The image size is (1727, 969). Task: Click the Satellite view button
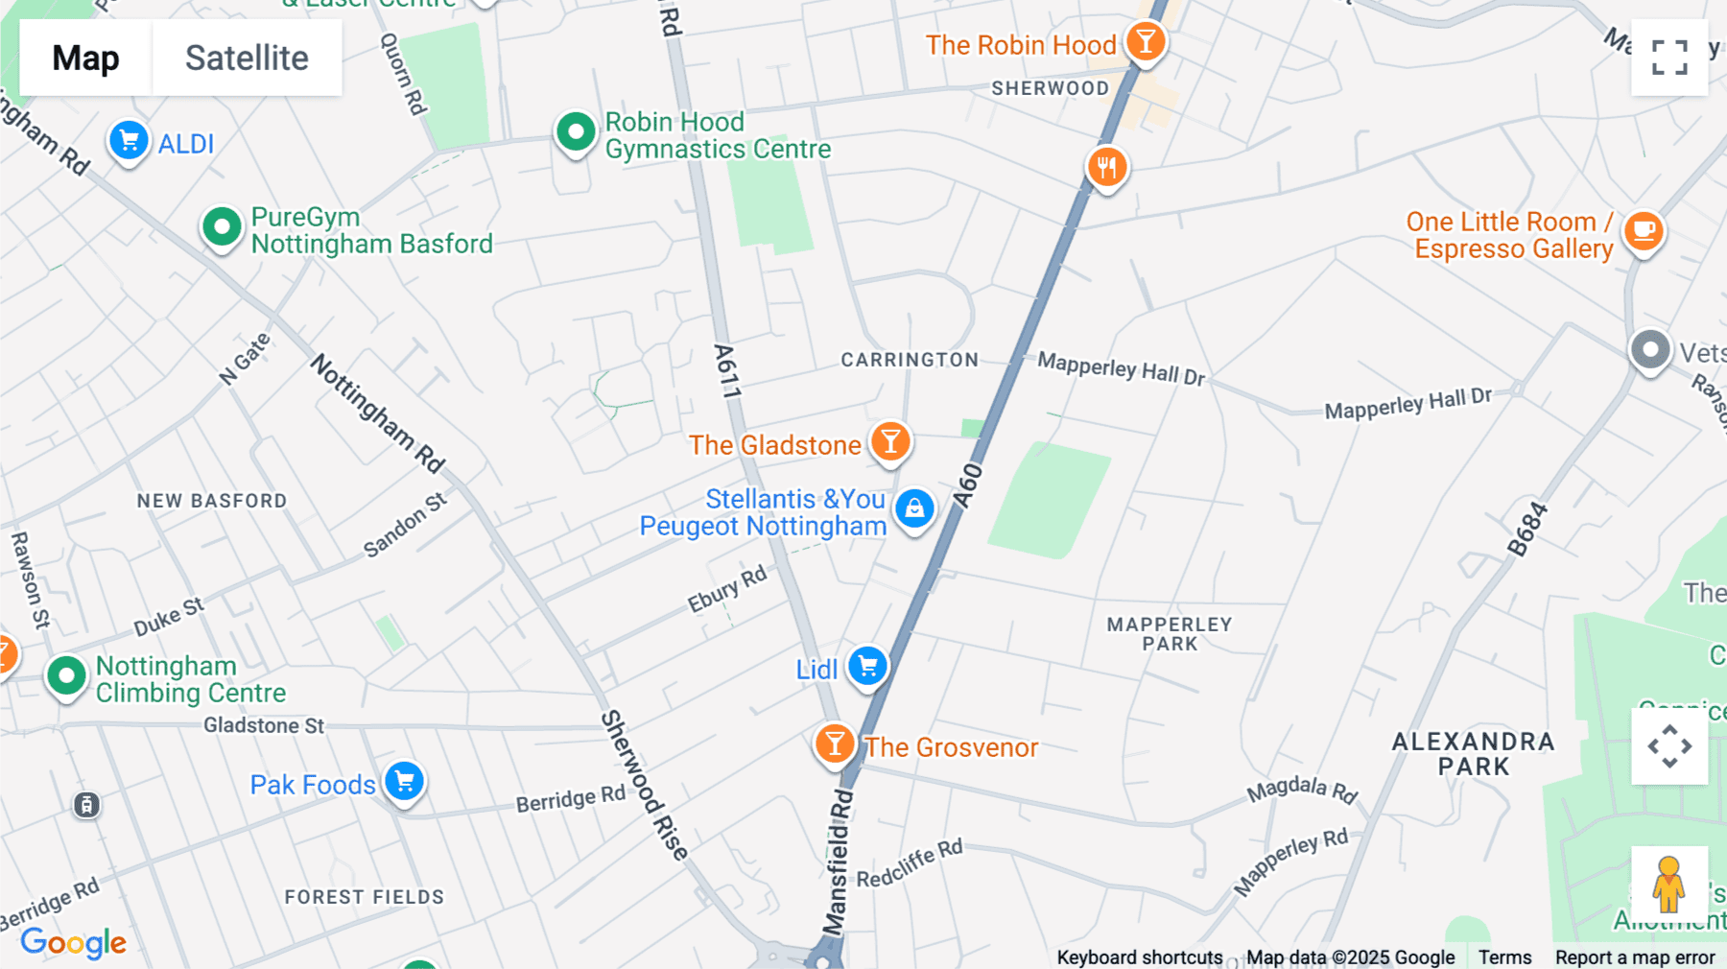point(247,58)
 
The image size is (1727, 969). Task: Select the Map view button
point(85,58)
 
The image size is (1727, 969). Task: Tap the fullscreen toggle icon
point(1669,58)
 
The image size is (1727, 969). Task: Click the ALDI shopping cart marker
point(129,141)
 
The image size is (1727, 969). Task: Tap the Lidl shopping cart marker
point(867,665)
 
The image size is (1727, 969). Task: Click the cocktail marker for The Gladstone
point(890,441)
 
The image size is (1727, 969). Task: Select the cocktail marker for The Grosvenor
point(835,744)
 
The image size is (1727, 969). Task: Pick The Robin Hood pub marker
point(1146,41)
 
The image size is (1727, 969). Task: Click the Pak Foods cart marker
point(404,780)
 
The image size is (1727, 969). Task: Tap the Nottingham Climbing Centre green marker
point(66,675)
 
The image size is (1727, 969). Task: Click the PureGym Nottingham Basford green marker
point(222,227)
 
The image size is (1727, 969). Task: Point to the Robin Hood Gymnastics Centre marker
point(576,131)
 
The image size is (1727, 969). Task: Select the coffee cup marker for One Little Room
point(1644,230)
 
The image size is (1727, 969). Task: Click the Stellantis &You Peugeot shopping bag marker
point(914,508)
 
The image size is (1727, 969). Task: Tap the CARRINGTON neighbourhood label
point(910,360)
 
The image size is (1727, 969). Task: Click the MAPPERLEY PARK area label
point(1169,633)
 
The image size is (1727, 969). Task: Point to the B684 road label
point(1526,529)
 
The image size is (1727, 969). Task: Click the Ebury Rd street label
point(727,588)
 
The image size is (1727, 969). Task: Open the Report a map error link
point(1634,957)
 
